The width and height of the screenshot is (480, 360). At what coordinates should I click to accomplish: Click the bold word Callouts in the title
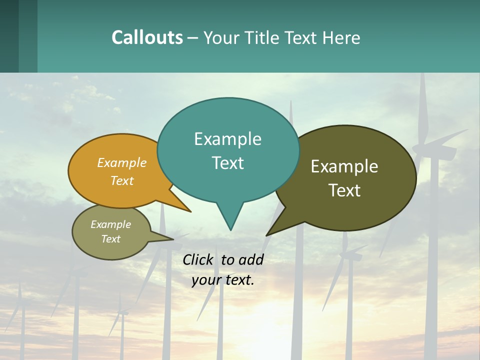[x=147, y=37]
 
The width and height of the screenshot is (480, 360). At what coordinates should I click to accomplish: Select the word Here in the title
[x=342, y=37]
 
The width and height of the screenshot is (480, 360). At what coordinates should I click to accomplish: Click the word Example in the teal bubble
[x=227, y=139]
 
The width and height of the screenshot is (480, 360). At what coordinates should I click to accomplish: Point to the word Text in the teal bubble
[x=227, y=162]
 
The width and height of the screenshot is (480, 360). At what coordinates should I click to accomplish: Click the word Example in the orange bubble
[x=122, y=162]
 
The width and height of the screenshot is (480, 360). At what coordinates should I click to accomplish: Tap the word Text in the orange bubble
[x=122, y=180]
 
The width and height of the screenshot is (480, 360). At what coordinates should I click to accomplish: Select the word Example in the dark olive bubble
[x=344, y=166]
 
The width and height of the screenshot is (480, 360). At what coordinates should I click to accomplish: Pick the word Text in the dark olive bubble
[x=344, y=190]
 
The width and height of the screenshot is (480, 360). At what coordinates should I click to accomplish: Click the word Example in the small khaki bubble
[x=110, y=224]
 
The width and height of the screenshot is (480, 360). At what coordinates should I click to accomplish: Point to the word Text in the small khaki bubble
[x=110, y=239]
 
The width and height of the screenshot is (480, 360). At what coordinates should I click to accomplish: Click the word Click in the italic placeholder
[x=198, y=259]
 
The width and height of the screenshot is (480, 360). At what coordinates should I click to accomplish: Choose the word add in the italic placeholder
[x=250, y=259]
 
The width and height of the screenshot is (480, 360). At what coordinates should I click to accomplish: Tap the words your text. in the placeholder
[x=223, y=280]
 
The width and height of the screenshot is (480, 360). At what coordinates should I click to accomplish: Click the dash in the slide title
[x=193, y=38]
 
